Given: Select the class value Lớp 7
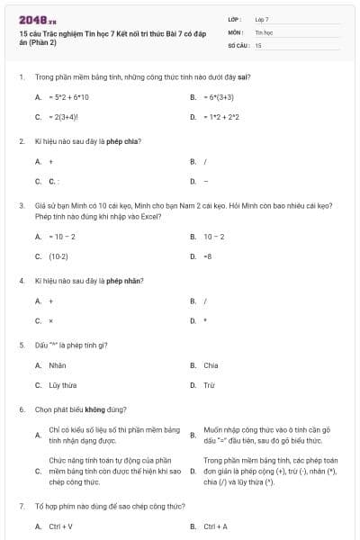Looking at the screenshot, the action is coord(262,18).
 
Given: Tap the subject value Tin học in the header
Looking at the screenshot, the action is coord(263,31).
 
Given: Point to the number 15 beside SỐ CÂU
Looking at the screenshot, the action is coord(258,44).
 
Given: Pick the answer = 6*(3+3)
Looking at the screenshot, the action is coord(219,97).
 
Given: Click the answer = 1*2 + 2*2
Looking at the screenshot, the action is coord(221,117).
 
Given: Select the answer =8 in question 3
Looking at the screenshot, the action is coord(208,256).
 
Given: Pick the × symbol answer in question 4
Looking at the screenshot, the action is coord(50,321).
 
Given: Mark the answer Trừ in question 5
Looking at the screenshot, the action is coord(209,385).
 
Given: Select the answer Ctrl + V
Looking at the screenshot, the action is coord(60,526).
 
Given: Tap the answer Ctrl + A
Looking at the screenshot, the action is coord(216,526).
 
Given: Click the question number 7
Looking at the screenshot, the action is coord(21,507).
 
